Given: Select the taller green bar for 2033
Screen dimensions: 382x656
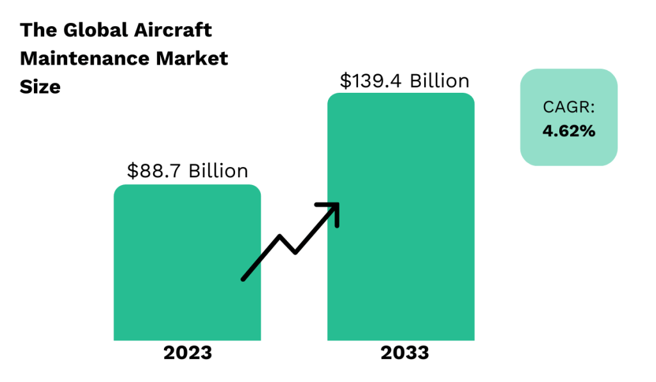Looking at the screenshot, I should coord(410,192).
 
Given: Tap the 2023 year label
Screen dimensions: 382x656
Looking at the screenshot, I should coord(187,353).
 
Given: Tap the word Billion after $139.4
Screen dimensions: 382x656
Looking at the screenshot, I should coord(439,81).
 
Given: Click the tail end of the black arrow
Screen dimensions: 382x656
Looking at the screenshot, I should coord(244,278).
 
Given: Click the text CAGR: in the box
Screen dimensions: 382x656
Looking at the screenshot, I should coord(569,107).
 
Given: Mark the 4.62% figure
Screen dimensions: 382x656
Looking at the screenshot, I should coord(569,131).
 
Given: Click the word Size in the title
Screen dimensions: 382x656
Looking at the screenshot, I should coord(40,86).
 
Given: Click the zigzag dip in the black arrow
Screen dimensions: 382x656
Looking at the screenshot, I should coord(295,251).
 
